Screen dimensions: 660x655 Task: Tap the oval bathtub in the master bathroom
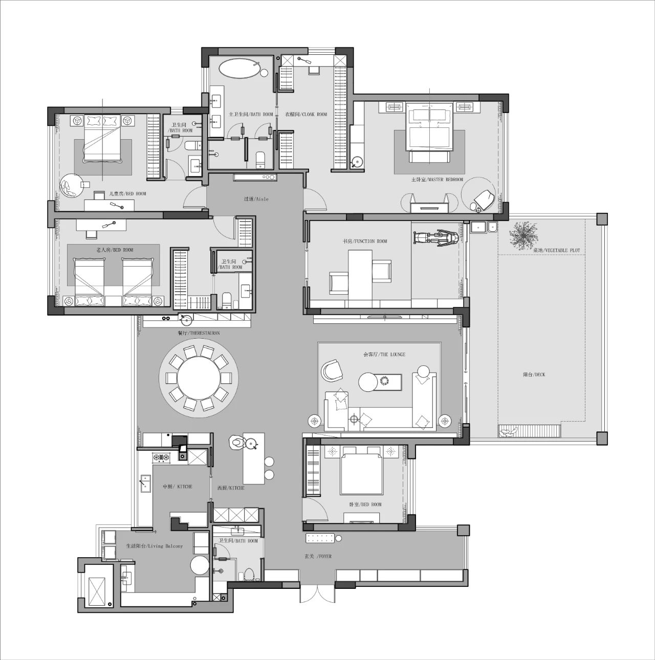[240, 69]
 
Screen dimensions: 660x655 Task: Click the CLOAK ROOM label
[306, 115]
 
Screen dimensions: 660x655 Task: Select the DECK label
[534, 375]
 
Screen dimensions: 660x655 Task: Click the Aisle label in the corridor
[256, 199]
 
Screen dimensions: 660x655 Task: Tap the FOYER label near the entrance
[318, 556]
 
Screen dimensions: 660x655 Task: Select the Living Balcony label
[154, 546]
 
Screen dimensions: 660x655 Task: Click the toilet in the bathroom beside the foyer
[249, 574]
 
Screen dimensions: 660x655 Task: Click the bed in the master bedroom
[429, 128]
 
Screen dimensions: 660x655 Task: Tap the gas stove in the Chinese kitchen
[161, 457]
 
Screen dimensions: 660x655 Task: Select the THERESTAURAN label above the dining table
[199, 333]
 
